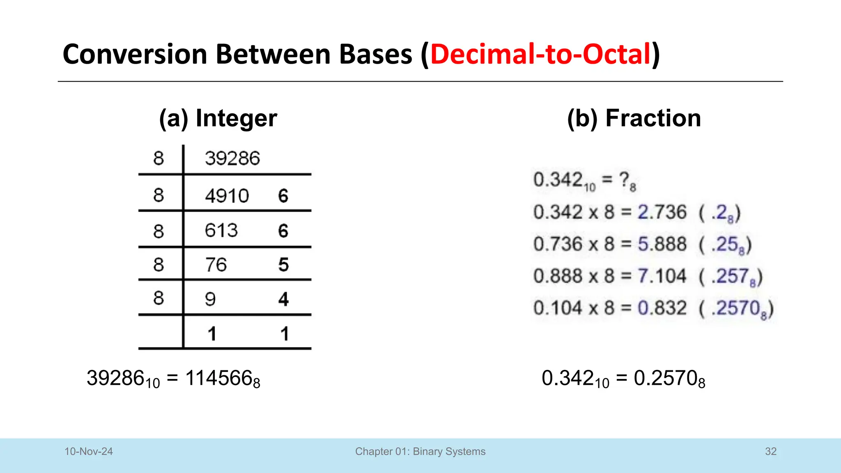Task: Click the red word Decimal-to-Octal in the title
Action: (540, 54)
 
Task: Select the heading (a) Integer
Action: (218, 118)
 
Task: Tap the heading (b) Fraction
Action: (634, 118)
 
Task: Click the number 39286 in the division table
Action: (232, 158)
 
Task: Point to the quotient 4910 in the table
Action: (227, 196)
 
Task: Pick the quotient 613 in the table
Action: (221, 231)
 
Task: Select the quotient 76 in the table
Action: (216, 265)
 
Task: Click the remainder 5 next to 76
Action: (283, 265)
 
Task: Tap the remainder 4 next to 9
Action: (283, 299)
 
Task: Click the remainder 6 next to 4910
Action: (283, 196)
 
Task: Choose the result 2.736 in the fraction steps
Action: (662, 212)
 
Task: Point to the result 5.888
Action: (662, 244)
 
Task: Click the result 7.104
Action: (662, 276)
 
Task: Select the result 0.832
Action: (662, 308)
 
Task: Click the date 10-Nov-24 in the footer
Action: (89, 452)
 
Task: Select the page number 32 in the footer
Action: (770, 452)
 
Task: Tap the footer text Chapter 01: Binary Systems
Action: (420, 452)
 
